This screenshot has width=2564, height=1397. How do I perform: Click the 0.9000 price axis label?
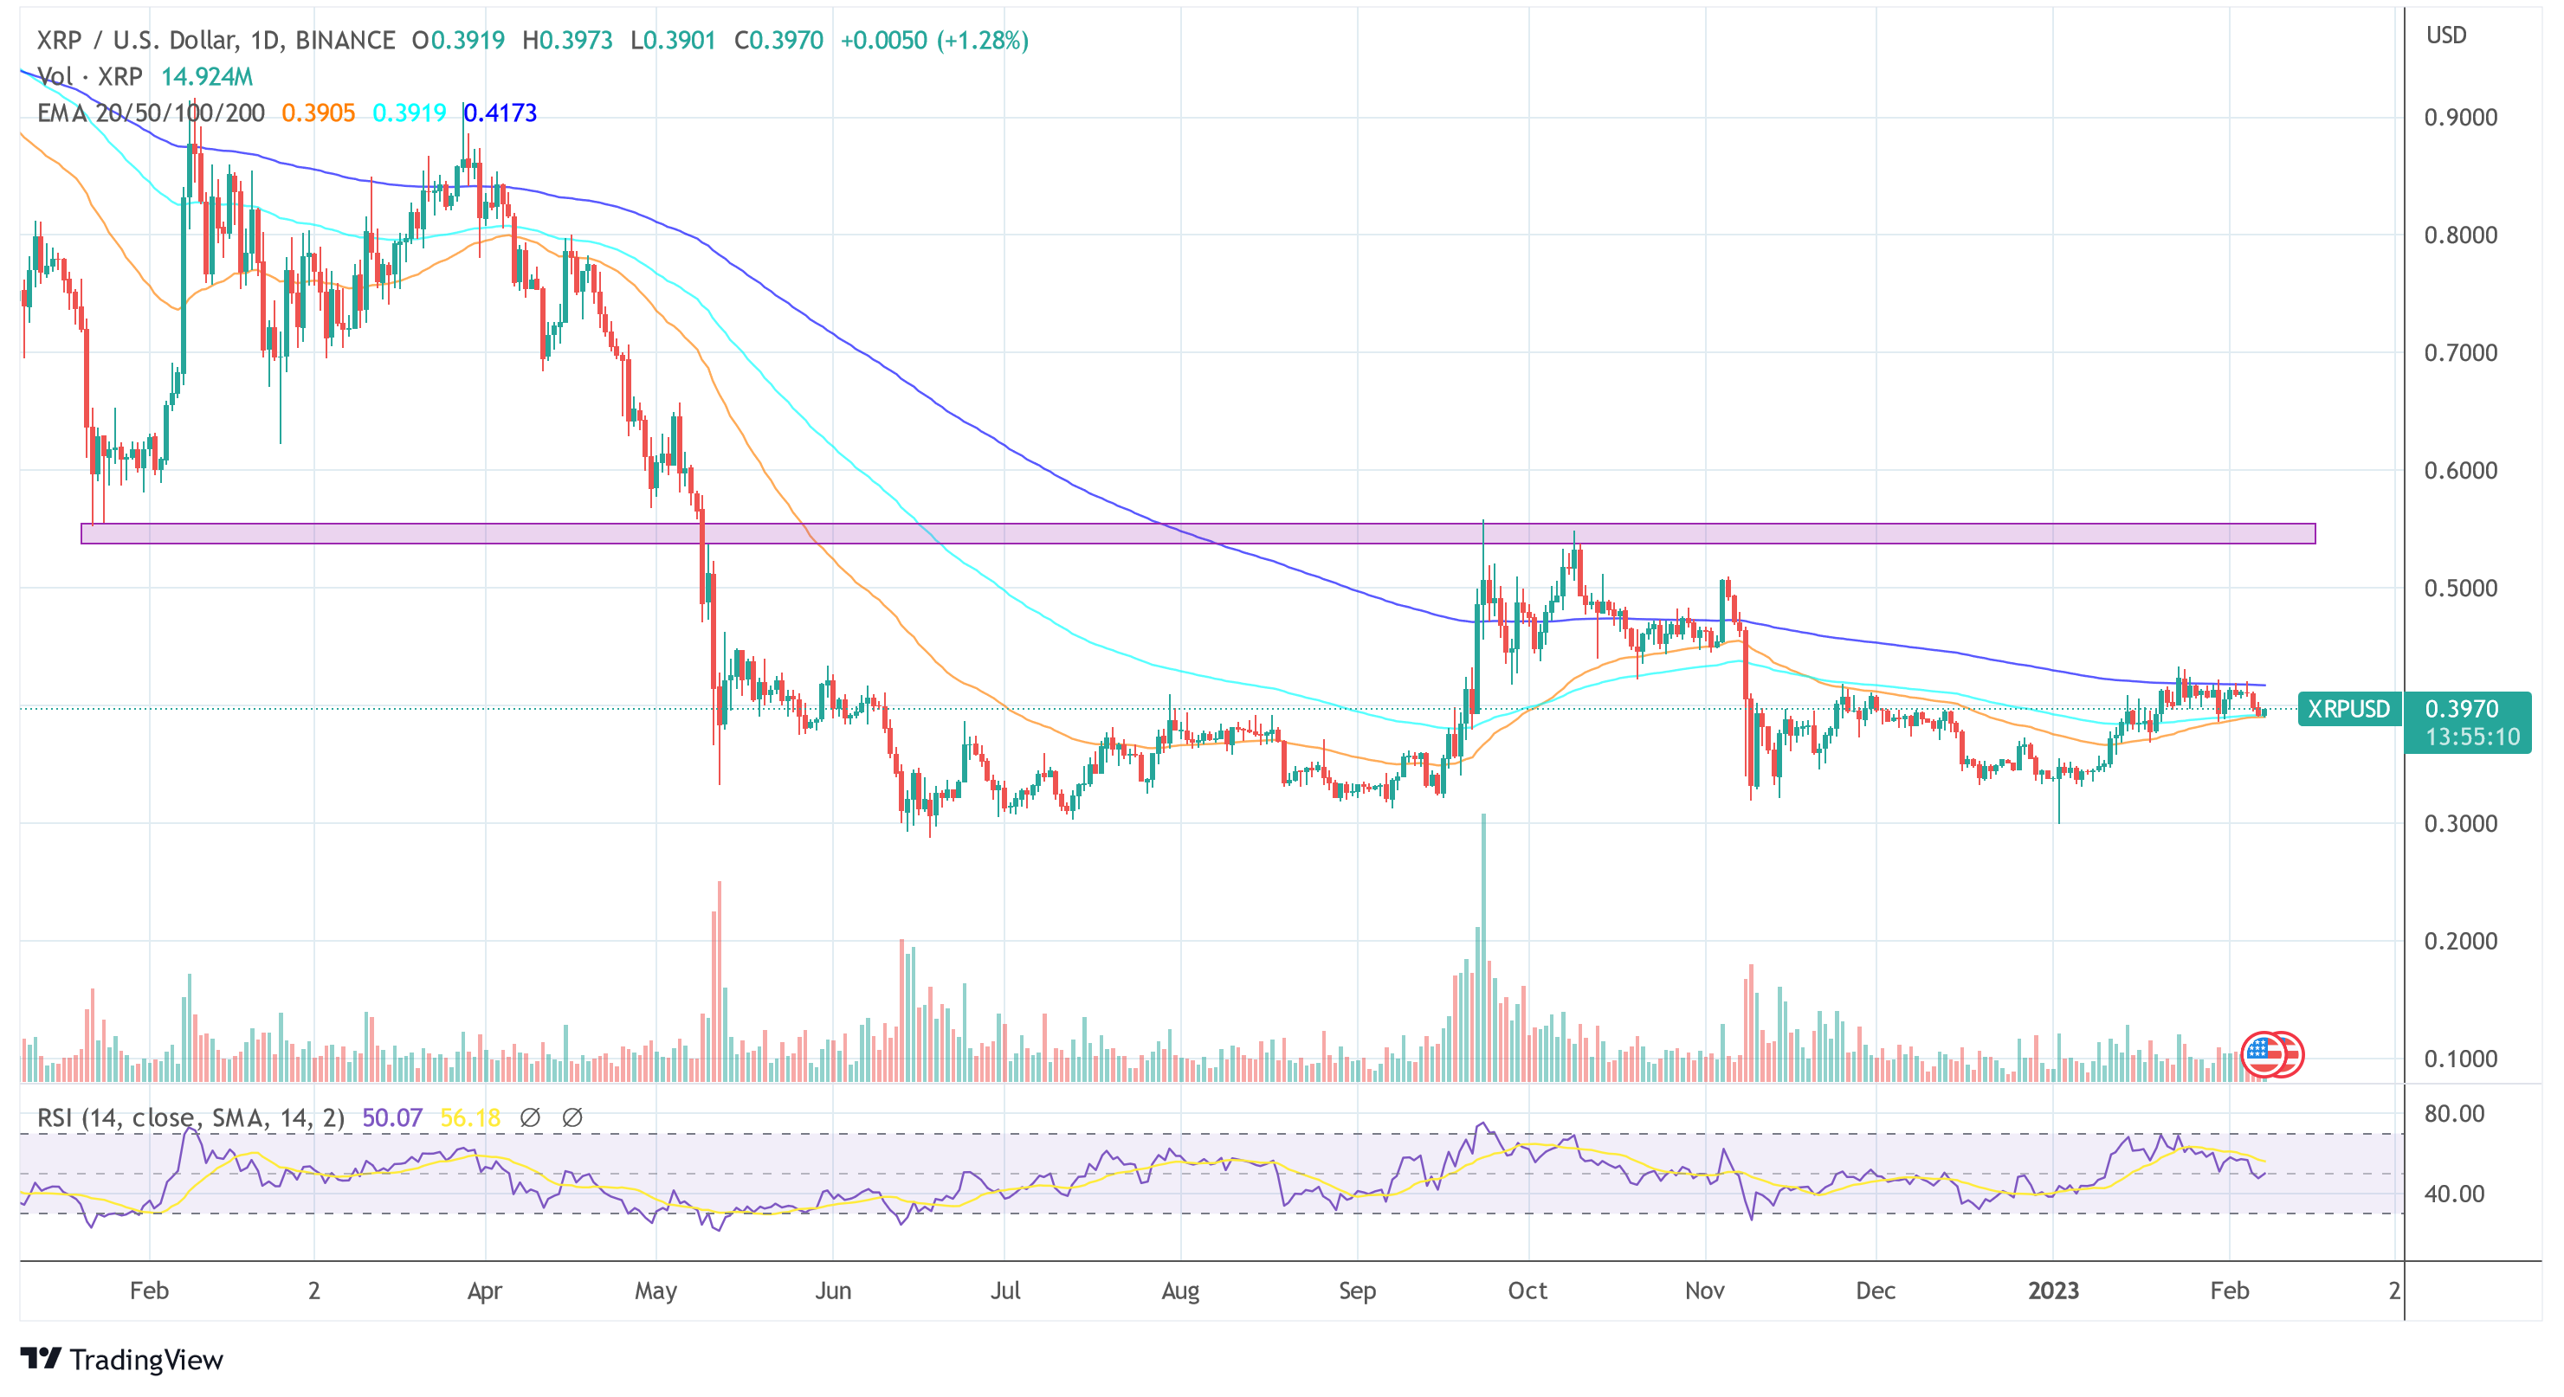[2459, 118]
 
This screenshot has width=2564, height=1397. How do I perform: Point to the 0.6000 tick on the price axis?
[2459, 471]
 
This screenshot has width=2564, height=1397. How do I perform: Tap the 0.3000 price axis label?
[2459, 824]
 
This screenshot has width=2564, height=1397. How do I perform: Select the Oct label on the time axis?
[1527, 1291]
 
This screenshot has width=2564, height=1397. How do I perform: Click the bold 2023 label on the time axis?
[2052, 1291]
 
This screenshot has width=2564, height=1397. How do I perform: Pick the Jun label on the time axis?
[832, 1291]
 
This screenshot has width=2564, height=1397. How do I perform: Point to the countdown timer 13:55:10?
[2471, 737]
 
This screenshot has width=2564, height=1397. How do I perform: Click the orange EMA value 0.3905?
[318, 113]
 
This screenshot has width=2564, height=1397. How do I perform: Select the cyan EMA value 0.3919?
[408, 113]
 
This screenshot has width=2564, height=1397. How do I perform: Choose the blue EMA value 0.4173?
[501, 113]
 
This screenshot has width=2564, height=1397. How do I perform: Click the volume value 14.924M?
[207, 77]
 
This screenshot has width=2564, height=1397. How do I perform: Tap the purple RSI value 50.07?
[392, 1118]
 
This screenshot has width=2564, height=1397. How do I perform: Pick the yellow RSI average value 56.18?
[470, 1118]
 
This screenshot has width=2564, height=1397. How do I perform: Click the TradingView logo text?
[145, 1360]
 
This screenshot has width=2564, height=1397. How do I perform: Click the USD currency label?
[2445, 35]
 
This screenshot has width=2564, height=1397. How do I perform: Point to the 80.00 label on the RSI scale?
[2453, 1113]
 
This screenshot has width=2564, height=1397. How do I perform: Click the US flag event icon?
[2265, 1055]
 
